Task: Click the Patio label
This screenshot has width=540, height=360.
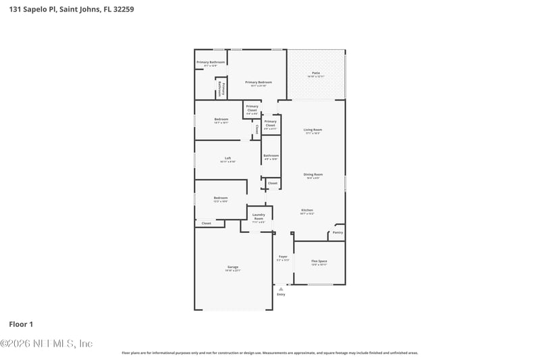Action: pyautogui.click(x=316, y=73)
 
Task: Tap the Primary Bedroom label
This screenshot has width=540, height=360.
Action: pyautogui.click(x=259, y=82)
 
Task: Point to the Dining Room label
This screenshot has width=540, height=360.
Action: pyautogui.click(x=313, y=175)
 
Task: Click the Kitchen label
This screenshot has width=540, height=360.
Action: pyautogui.click(x=307, y=211)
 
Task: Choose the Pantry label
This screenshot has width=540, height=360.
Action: pyautogui.click(x=337, y=232)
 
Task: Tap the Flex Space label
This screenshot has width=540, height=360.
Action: pyautogui.click(x=319, y=261)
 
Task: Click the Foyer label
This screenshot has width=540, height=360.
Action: pyautogui.click(x=283, y=257)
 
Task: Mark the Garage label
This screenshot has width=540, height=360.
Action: pyautogui.click(x=232, y=268)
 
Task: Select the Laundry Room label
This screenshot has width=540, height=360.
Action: pyautogui.click(x=259, y=217)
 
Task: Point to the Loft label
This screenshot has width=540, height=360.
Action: pyautogui.click(x=228, y=159)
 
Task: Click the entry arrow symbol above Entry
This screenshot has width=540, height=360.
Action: pyautogui.click(x=281, y=288)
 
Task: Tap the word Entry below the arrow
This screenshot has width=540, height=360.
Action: pyautogui.click(x=281, y=294)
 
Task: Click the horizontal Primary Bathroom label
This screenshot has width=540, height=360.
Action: pyautogui.click(x=211, y=62)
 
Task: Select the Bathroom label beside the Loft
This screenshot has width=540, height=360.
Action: pyautogui.click(x=271, y=156)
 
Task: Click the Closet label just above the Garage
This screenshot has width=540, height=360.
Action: pyautogui.click(x=207, y=223)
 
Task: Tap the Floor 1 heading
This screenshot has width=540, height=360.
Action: pyautogui.click(x=22, y=325)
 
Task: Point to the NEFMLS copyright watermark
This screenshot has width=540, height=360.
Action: pyautogui.click(x=46, y=344)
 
